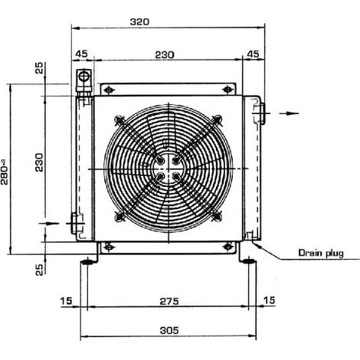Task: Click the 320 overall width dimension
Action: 139,21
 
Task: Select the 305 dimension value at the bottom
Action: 169,330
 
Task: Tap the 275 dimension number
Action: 169,301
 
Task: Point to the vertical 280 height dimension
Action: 5,172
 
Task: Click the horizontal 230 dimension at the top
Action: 165,54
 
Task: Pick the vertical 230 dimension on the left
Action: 39,162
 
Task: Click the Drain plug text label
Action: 321,253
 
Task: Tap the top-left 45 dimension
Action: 82,54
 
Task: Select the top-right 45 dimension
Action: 254,54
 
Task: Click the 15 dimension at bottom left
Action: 66,301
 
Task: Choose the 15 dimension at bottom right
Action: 269,300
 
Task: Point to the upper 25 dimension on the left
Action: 39,68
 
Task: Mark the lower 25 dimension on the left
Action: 39,270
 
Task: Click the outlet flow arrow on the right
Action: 289,113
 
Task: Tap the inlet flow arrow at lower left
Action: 49,224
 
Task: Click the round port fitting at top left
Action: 83,76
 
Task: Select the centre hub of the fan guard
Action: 168,169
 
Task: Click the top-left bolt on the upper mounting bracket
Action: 109,90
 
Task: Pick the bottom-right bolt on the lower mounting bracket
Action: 227,247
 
